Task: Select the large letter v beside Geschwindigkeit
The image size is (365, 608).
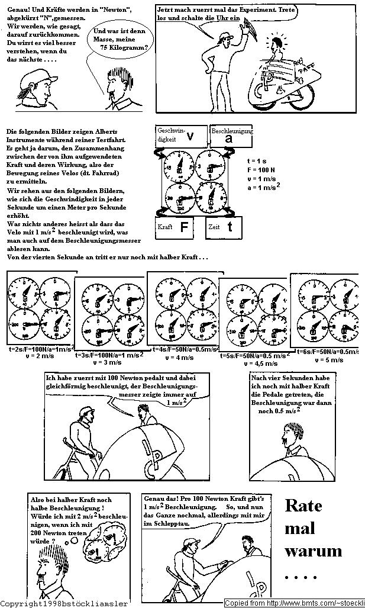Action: tap(190, 136)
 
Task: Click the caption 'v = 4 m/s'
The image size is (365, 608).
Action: tap(181, 357)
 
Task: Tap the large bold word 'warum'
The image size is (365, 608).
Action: tap(314, 551)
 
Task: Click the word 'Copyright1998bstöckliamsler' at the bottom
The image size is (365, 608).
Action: tap(64, 603)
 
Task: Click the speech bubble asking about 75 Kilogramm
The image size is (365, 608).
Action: tap(118, 40)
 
